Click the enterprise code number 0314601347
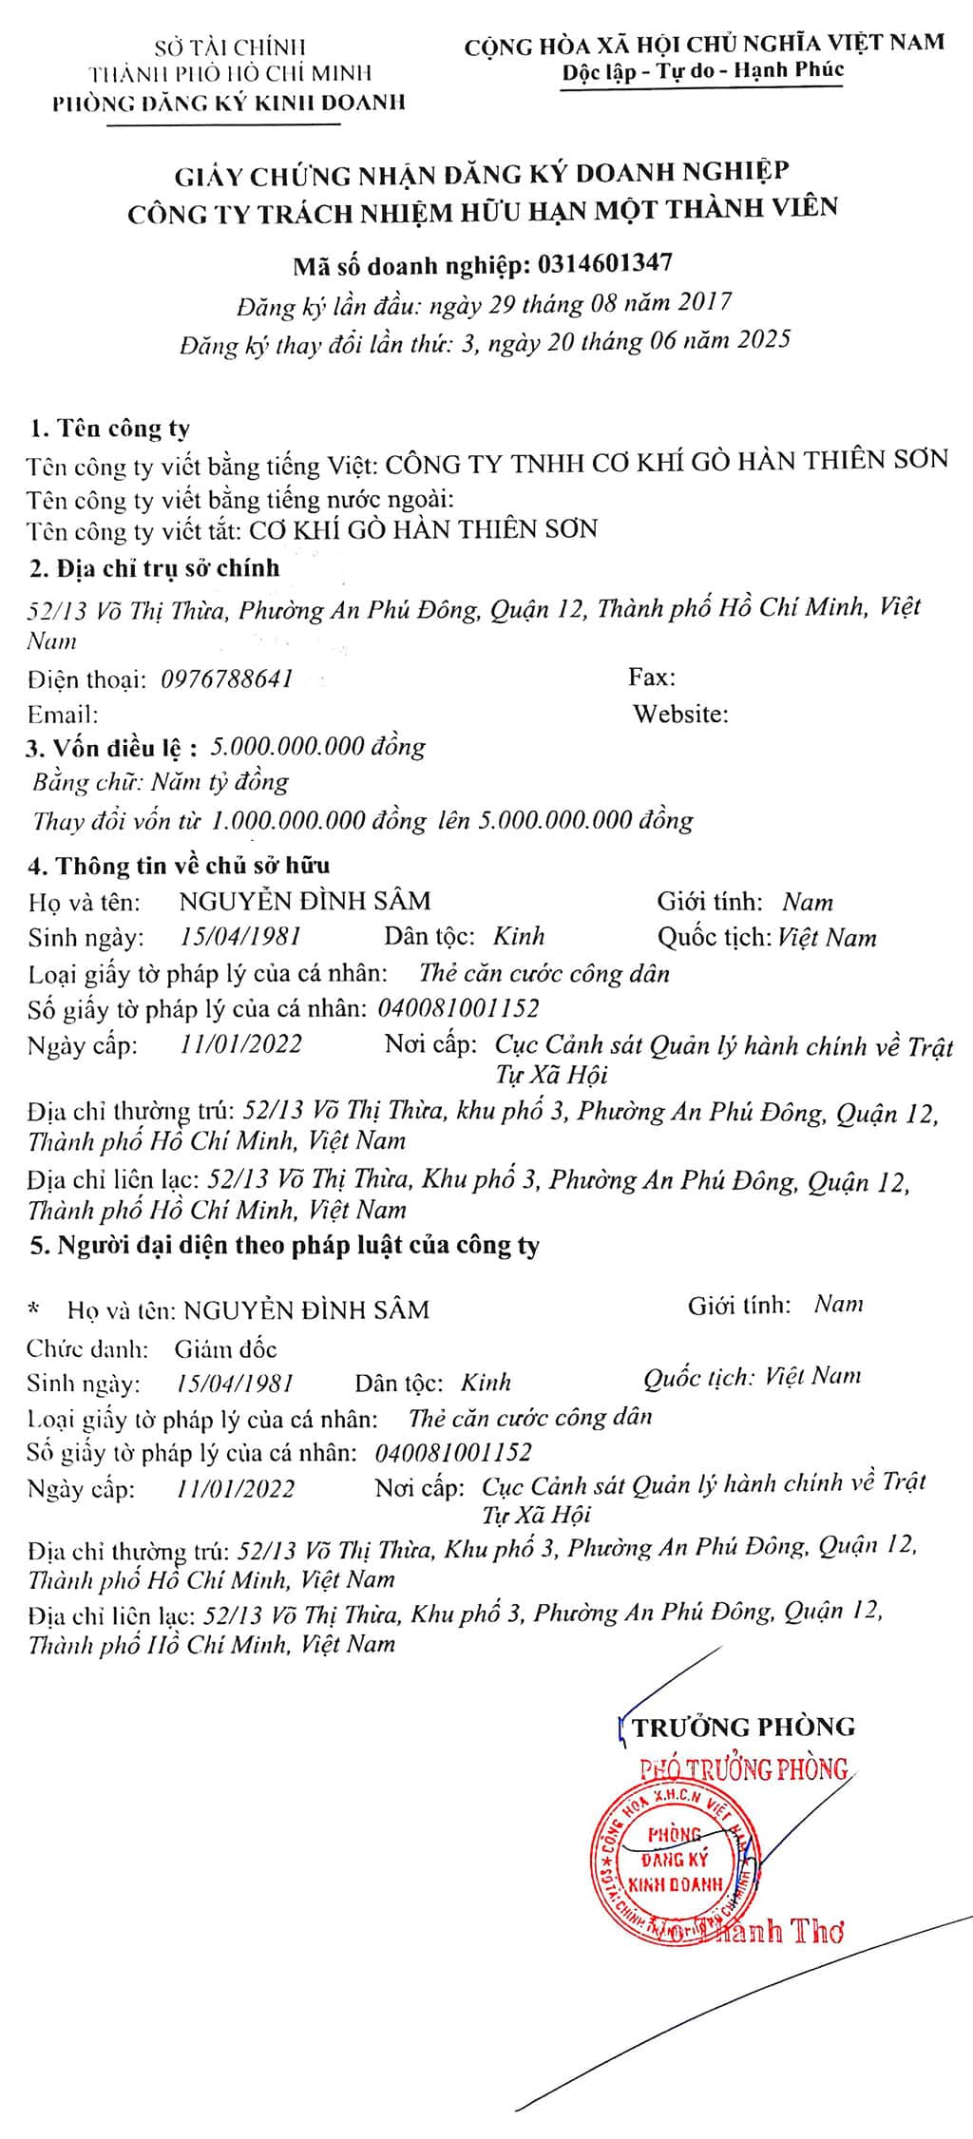click(x=604, y=262)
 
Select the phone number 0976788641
click(x=227, y=678)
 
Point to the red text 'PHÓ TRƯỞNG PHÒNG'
click(x=744, y=1769)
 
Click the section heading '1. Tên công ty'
click(x=110, y=429)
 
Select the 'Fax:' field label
click(x=652, y=678)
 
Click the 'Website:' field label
click(x=681, y=714)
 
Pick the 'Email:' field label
click(x=63, y=715)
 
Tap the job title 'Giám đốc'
click(x=226, y=1348)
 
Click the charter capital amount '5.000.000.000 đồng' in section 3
click(x=318, y=747)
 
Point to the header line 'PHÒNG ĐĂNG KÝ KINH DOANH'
click(x=229, y=103)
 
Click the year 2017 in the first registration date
click(x=704, y=302)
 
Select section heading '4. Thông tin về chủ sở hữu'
click(x=181, y=865)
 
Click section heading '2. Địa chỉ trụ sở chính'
click(x=155, y=568)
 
